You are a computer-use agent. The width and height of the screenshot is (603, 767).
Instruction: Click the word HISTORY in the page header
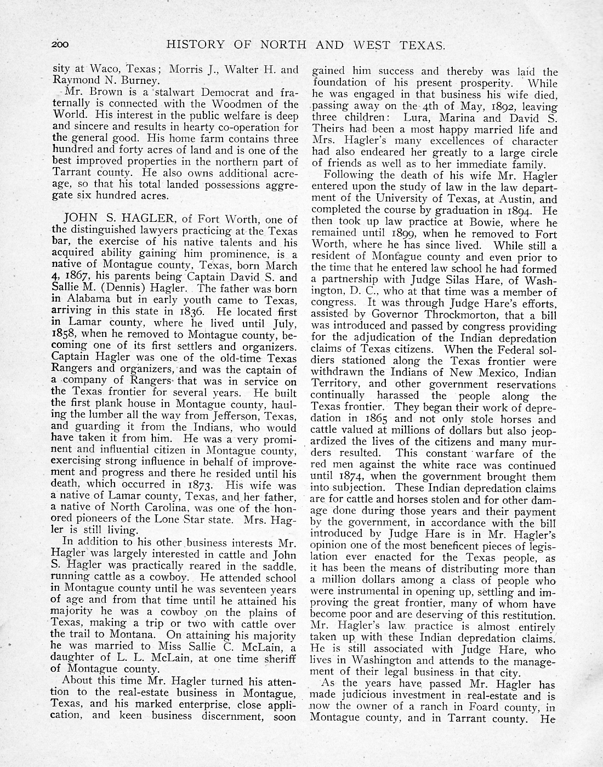[192, 45]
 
